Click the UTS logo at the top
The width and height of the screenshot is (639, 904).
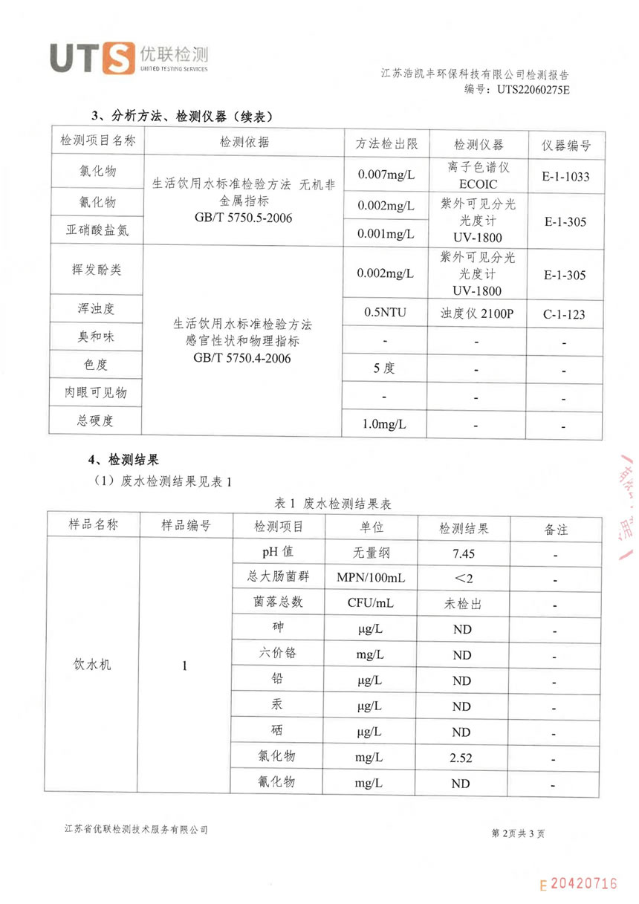click(x=129, y=58)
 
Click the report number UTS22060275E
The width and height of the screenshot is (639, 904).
click(x=533, y=89)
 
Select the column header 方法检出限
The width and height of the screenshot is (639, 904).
click(x=386, y=144)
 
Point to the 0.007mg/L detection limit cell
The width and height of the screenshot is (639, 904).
click(x=386, y=175)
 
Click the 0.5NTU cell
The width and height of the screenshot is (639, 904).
click(x=386, y=312)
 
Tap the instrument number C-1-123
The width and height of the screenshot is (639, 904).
click(x=563, y=314)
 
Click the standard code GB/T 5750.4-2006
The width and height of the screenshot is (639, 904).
click(x=241, y=358)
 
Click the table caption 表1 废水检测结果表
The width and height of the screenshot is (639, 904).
click(x=322, y=504)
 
